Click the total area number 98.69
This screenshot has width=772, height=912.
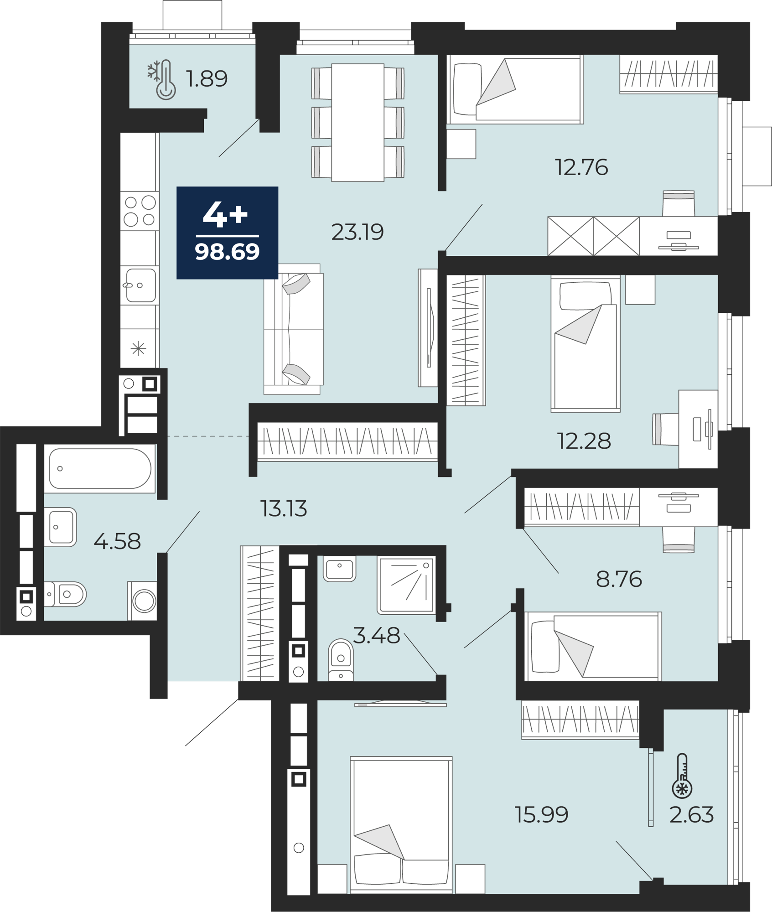[227, 252]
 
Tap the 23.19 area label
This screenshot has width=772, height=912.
[358, 232]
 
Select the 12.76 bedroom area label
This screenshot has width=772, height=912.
[581, 167]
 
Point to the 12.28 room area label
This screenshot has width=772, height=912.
[584, 441]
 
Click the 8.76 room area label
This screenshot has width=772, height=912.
[619, 579]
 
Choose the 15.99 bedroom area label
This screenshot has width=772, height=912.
[541, 814]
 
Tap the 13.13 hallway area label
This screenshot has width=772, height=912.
[284, 508]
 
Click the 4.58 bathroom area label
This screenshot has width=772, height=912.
[117, 541]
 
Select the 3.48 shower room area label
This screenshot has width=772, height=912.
[377, 636]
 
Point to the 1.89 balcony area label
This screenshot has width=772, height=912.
[207, 78]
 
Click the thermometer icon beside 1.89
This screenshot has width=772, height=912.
[162, 80]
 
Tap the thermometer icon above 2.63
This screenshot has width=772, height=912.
[682, 775]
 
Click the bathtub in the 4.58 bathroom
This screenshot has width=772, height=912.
[100, 468]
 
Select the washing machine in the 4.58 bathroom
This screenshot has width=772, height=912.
[142, 601]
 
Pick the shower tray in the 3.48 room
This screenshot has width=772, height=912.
[406, 585]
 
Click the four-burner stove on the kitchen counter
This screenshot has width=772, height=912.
[140, 211]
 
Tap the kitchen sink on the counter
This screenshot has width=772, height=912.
[140, 285]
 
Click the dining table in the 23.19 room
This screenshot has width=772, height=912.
[358, 123]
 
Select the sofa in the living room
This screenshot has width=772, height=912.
[293, 329]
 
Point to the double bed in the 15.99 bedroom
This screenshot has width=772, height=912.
[401, 825]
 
